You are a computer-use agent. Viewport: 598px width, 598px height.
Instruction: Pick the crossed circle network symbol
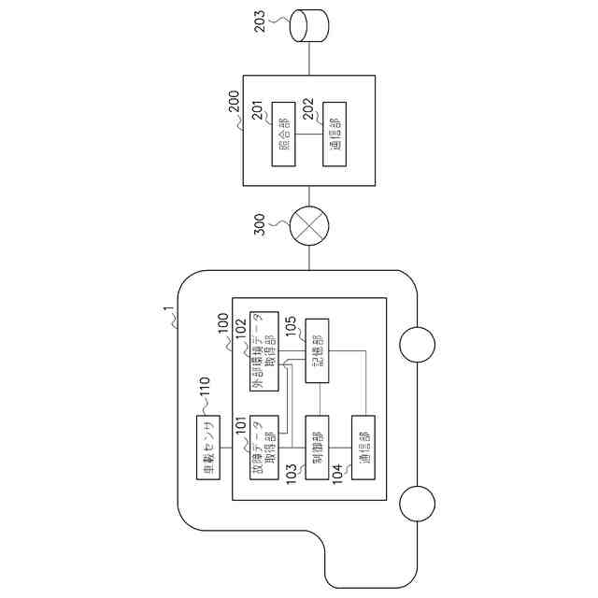307,228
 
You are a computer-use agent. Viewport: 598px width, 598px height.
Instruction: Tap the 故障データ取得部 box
263,448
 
